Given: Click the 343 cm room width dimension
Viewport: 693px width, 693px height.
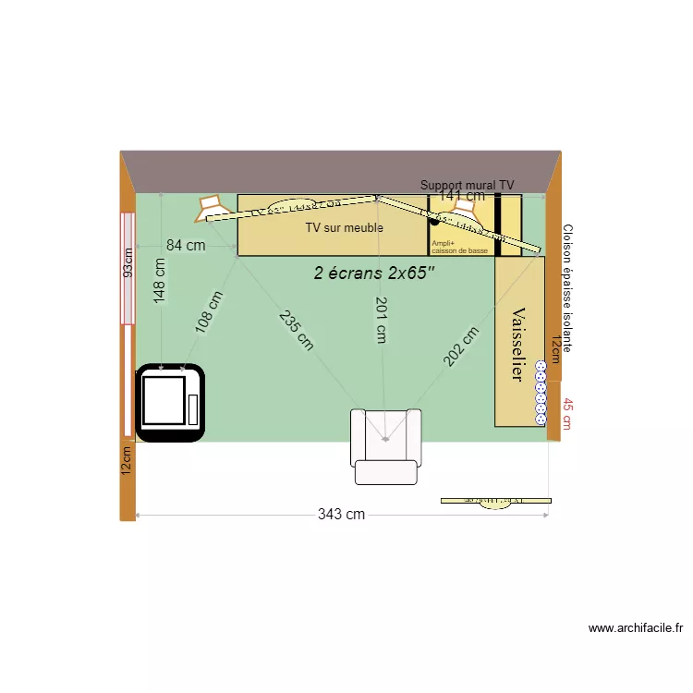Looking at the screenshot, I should pyautogui.click(x=342, y=515).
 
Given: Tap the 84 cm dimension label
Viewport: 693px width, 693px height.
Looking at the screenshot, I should pyautogui.click(x=186, y=246).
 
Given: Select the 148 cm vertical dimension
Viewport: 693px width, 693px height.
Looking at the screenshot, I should pyautogui.click(x=160, y=281).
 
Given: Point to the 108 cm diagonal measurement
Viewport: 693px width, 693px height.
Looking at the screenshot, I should pyautogui.click(x=209, y=311).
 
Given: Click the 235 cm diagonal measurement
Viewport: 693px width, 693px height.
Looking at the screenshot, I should pyautogui.click(x=296, y=329).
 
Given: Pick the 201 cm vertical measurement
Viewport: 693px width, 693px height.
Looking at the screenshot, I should pyautogui.click(x=380, y=320).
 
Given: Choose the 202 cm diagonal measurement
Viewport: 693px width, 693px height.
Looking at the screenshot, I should pyautogui.click(x=460, y=346).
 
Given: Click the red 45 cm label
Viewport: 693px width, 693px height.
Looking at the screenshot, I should pyautogui.click(x=567, y=414).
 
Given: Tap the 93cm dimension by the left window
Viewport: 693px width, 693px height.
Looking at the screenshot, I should pyautogui.click(x=129, y=262).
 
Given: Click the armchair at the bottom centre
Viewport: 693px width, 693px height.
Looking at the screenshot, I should pyautogui.click(x=386, y=445).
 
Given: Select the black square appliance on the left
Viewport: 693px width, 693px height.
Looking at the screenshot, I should pyautogui.click(x=170, y=402).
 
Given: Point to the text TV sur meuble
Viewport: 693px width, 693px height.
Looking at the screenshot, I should pyautogui.click(x=344, y=227).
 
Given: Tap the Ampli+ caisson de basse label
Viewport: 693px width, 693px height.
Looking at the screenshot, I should pyautogui.click(x=458, y=247).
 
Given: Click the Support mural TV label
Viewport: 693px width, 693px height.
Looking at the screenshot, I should pyautogui.click(x=467, y=186).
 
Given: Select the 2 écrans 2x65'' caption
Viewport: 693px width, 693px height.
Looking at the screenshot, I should pyautogui.click(x=373, y=274).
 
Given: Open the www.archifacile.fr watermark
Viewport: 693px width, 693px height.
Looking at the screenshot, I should pyautogui.click(x=636, y=628).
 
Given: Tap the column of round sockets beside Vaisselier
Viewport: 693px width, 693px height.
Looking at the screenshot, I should pyautogui.click(x=541, y=393).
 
